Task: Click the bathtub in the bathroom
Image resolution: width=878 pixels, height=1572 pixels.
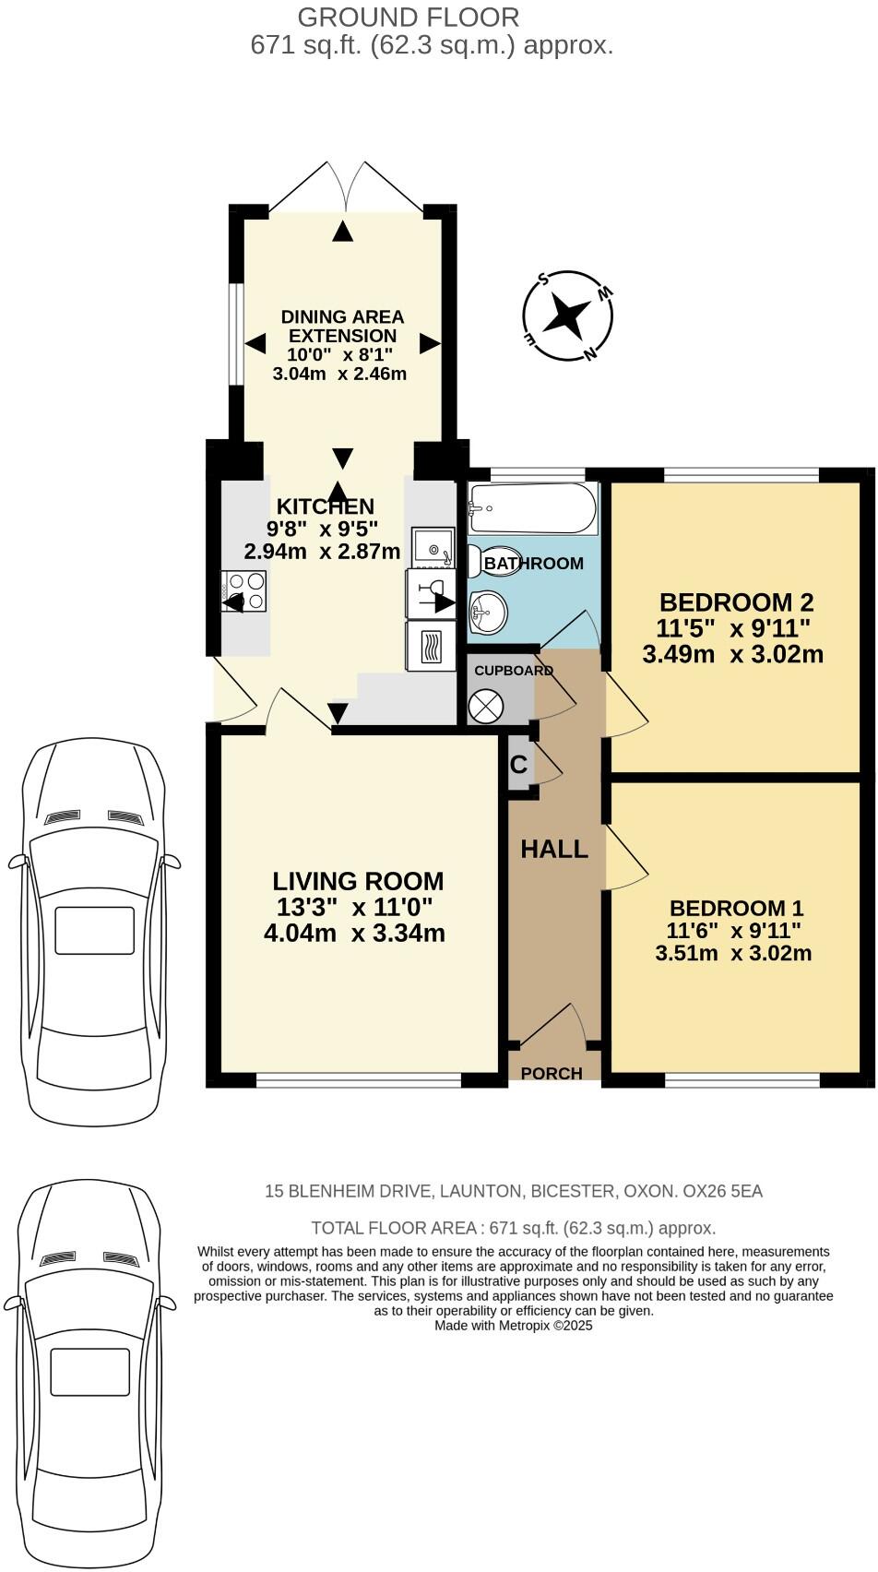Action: tap(532, 508)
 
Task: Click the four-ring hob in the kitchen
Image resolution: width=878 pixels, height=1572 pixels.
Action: tap(245, 590)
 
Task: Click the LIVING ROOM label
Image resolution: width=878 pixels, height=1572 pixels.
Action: tap(358, 881)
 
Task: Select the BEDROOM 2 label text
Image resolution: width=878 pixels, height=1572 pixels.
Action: tap(736, 603)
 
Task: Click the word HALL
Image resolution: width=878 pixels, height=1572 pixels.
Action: tap(554, 850)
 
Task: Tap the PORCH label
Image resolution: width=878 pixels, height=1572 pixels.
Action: tap(552, 1073)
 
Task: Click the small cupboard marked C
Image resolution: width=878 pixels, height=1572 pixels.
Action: tap(519, 765)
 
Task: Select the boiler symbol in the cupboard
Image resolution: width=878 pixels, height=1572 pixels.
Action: tap(486, 707)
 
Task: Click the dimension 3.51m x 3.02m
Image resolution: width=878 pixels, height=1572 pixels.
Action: tap(733, 953)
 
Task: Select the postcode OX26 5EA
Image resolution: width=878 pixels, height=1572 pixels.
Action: tap(722, 1191)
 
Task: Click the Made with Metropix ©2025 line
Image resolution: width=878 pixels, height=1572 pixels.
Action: tap(513, 1326)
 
